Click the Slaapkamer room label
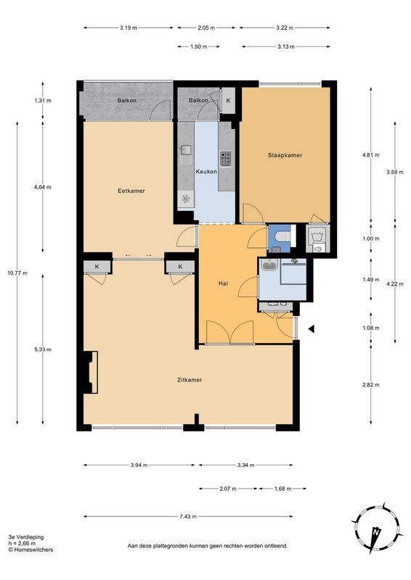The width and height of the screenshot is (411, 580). (285, 155)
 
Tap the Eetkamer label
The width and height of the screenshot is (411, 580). (131, 191)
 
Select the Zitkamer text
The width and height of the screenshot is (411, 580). (189, 379)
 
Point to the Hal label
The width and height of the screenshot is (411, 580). (224, 283)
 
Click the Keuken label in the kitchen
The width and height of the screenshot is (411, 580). (208, 171)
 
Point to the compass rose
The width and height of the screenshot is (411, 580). (375, 528)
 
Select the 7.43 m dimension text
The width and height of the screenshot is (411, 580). (188, 516)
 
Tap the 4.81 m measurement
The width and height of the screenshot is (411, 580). (371, 155)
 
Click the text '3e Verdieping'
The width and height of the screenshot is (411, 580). (26, 537)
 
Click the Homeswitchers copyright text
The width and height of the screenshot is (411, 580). (30, 550)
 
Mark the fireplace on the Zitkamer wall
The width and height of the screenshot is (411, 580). (90, 372)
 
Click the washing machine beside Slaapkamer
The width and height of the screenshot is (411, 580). (317, 237)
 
